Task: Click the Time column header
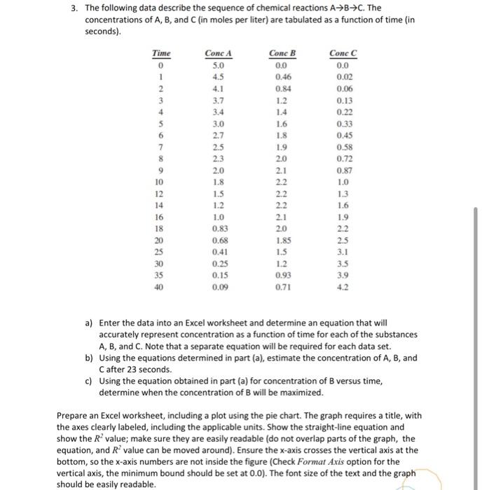pos(162,53)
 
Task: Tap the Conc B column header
pos(282,53)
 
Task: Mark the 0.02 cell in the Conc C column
pos(343,77)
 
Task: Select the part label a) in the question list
pos(89,323)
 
